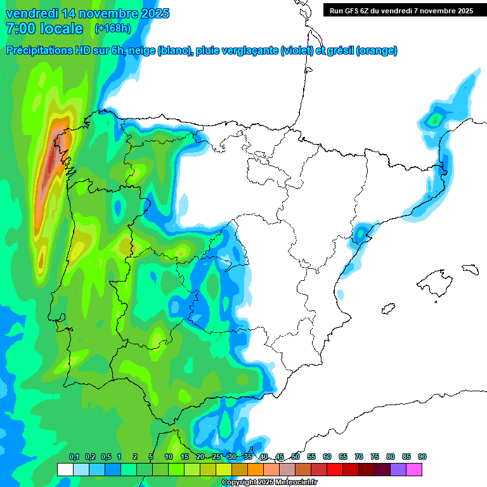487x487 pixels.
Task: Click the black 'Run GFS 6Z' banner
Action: [401, 11]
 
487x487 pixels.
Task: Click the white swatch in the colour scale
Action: [65, 469]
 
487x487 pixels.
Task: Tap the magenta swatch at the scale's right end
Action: [414, 469]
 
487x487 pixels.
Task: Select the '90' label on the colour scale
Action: [422, 457]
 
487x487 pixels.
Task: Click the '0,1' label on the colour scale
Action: [74, 457]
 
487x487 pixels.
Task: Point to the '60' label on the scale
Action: [327, 457]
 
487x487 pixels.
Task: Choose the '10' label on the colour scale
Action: [169, 457]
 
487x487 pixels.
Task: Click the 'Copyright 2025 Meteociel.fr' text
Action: [269, 483]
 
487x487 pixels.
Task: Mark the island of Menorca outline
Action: [469, 269]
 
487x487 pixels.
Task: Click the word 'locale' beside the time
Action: [62, 29]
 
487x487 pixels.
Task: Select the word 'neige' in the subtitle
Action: [141, 51]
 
